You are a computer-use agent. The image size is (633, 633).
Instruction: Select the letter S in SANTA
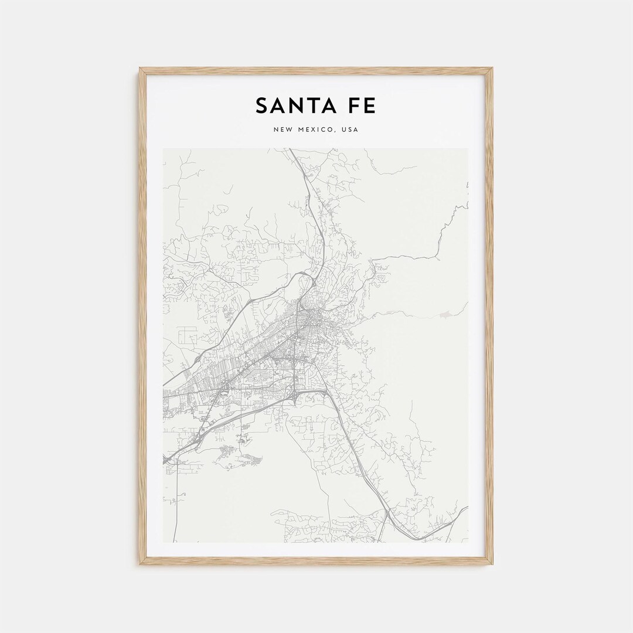pyautogui.click(x=262, y=106)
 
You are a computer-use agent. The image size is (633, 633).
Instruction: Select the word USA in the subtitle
pyautogui.click(x=349, y=130)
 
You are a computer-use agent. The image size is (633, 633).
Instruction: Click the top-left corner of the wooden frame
pyautogui.click(x=140, y=69)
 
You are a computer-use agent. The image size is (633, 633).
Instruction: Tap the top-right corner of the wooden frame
pyautogui.click(x=492, y=69)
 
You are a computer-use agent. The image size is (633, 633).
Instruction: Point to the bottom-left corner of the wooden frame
pyautogui.click(x=140, y=564)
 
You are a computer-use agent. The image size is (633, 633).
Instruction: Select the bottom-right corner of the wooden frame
pyautogui.click(x=492, y=564)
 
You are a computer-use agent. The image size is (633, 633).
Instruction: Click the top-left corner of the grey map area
pyautogui.click(x=164, y=149)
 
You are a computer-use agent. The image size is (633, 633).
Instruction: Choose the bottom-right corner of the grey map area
pyautogui.click(x=468, y=542)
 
